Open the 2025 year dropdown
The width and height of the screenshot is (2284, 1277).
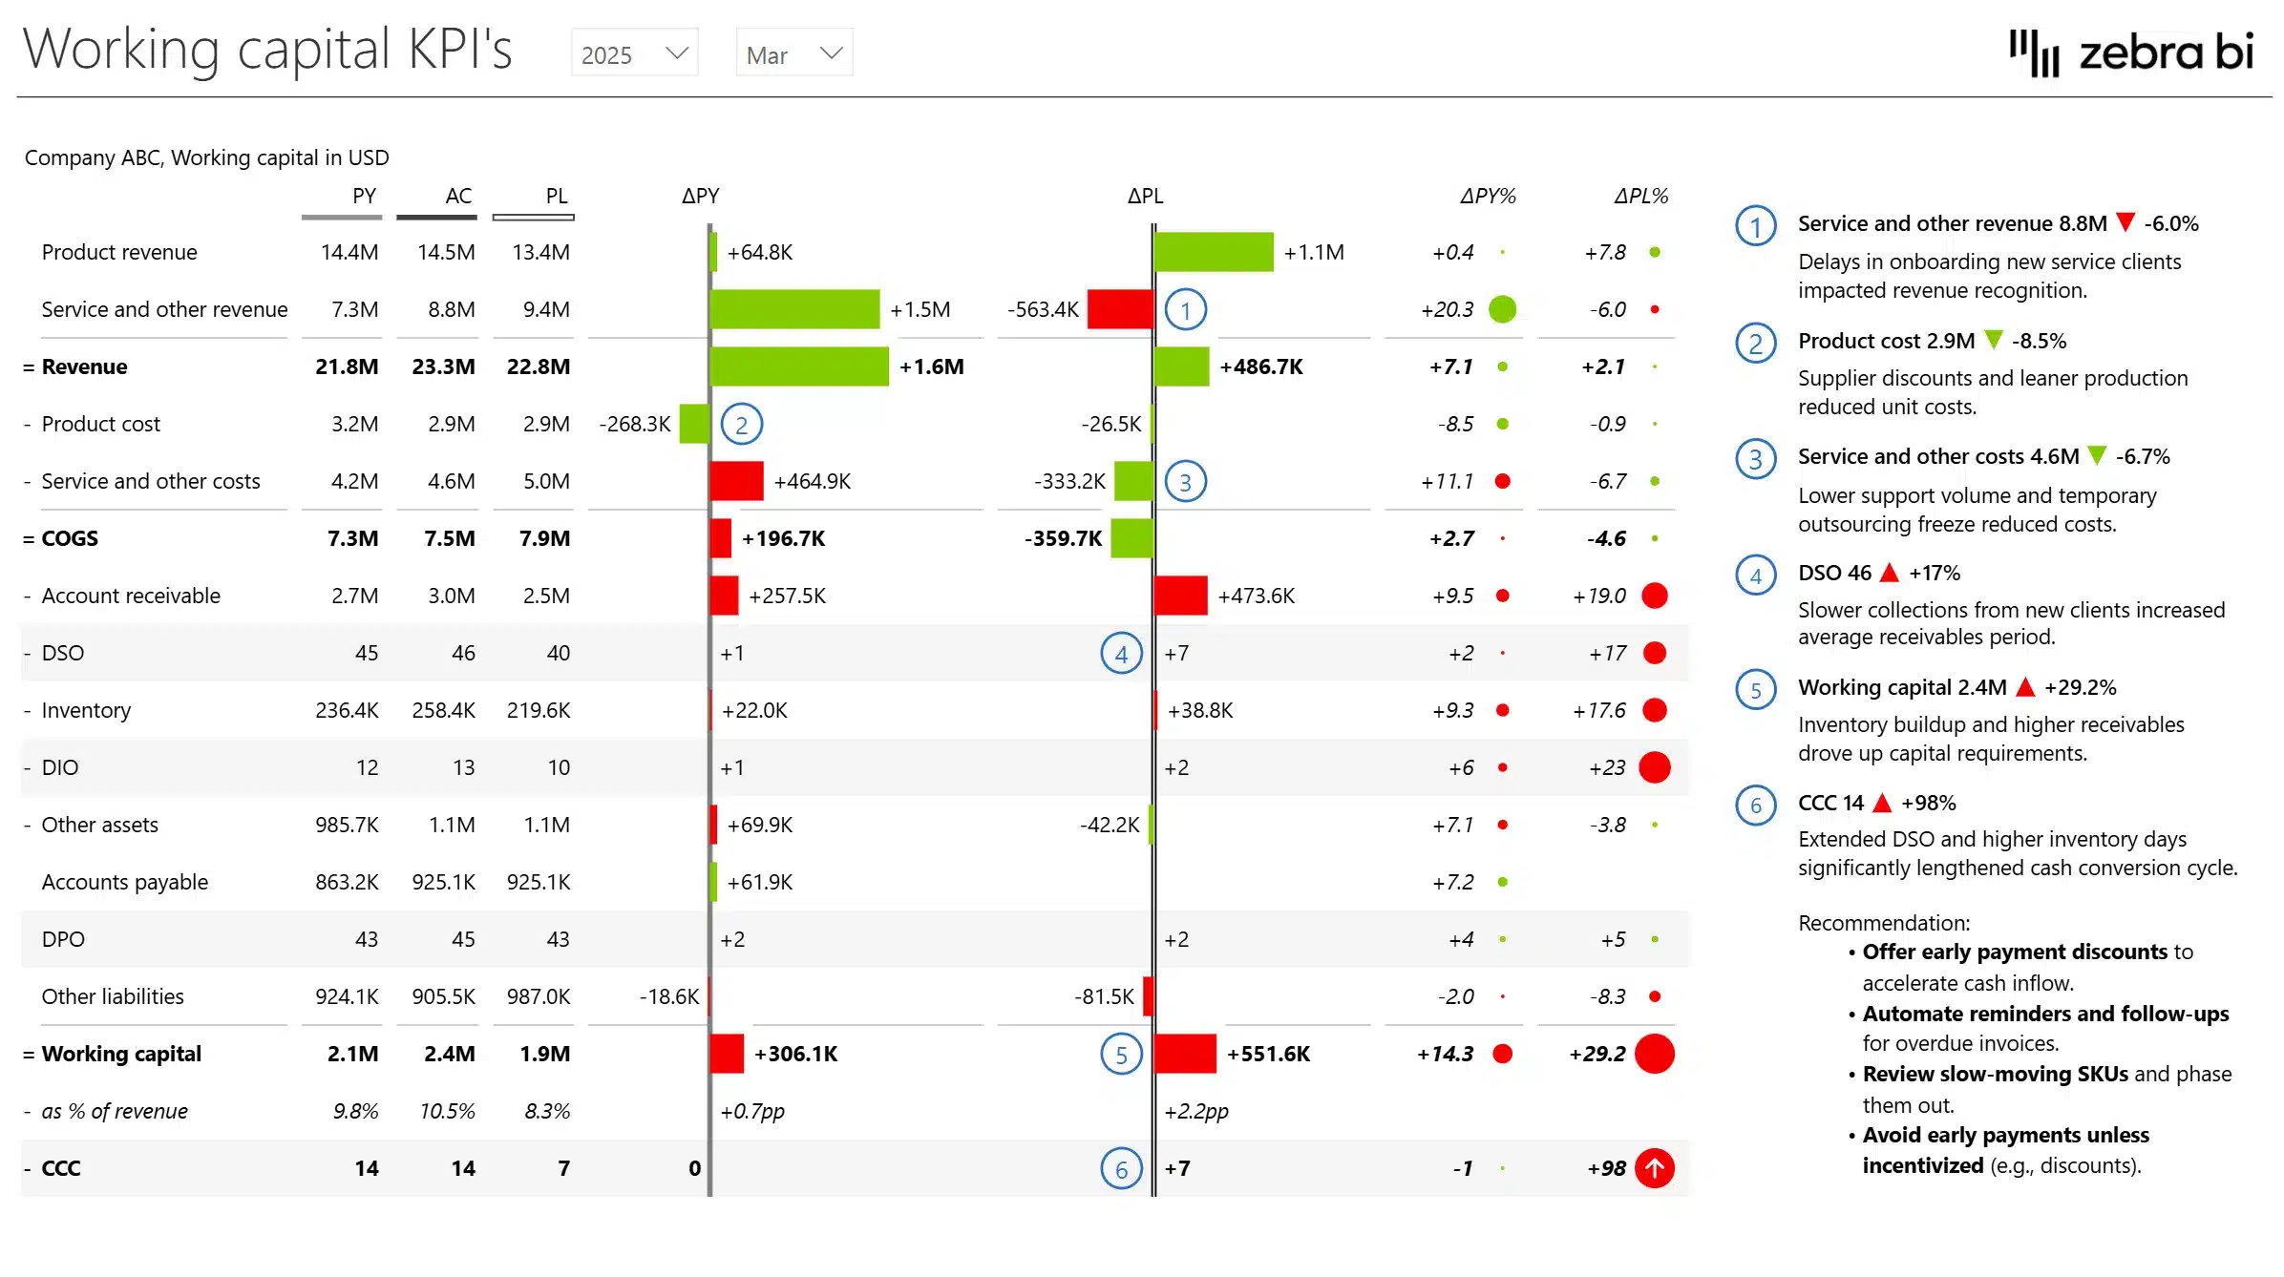pos(634,53)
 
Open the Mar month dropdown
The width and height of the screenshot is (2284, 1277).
pos(793,53)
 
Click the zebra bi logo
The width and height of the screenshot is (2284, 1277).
pos(2131,52)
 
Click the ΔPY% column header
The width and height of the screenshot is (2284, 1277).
pos(1487,196)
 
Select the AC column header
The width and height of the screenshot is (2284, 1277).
pos(457,196)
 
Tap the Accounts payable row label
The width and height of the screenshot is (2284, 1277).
pos(125,882)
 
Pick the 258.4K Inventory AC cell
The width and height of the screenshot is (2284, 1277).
pos(443,710)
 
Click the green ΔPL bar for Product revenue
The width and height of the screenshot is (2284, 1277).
pos(1214,252)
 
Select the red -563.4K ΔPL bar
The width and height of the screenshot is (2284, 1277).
pos(1119,309)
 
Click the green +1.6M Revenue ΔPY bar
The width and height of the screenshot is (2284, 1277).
pos(799,366)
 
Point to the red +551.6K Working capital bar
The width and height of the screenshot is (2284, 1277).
pos(1185,1054)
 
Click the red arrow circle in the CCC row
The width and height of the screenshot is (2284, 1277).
pos(1655,1168)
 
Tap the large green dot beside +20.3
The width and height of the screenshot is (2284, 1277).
pos(1502,309)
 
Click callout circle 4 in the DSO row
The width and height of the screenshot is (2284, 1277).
pos(1121,654)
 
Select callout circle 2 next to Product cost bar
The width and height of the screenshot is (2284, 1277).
pos(741,425)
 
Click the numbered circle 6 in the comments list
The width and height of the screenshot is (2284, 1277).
pos(1755,806)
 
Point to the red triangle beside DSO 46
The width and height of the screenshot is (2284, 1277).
pos(1889,573)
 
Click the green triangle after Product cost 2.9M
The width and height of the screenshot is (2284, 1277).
pos(1993,340)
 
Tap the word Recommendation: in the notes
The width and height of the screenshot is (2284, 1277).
pos(1884,923)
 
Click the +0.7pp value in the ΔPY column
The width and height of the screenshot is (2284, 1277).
pos(752,1111)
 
